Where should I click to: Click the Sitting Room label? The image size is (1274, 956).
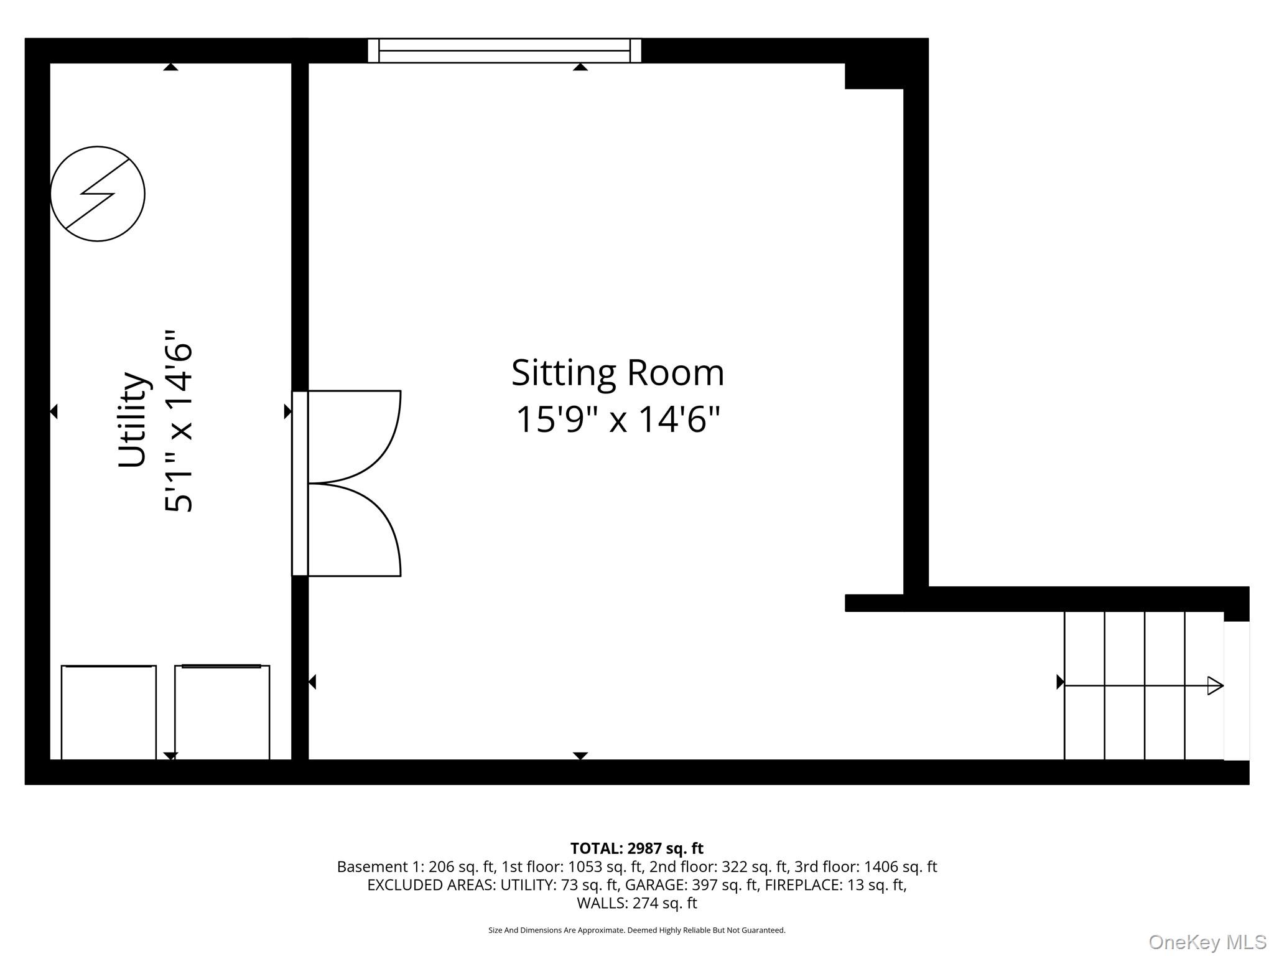[617, 373]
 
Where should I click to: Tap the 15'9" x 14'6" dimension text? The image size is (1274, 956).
[617, 419]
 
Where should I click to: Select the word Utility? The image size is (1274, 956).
[133, 419]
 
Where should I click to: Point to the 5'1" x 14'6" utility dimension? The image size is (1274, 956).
[179, 421]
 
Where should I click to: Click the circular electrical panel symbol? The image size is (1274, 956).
[98, 194]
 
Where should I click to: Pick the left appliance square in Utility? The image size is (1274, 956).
[108, 712]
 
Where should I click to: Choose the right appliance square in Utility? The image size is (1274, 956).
[222, 712]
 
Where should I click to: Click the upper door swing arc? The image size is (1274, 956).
[367, 436]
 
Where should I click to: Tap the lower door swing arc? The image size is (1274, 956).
[367, 529]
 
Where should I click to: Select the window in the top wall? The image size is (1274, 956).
[504, 50]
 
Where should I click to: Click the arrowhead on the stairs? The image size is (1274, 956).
[1215, 686]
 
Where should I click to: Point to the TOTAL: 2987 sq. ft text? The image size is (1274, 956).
[636, 848]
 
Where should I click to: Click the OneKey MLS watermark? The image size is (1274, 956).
[1207, 942]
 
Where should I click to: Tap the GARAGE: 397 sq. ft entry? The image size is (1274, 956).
[692, 885]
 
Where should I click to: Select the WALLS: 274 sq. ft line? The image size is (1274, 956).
[636, 903]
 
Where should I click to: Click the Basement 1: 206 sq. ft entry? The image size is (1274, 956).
[415, 867]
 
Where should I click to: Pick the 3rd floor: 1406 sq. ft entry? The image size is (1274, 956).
[865, 867]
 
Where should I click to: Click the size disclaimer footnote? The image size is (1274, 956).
[636, 930]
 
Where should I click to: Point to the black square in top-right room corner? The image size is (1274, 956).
[873, 76]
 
